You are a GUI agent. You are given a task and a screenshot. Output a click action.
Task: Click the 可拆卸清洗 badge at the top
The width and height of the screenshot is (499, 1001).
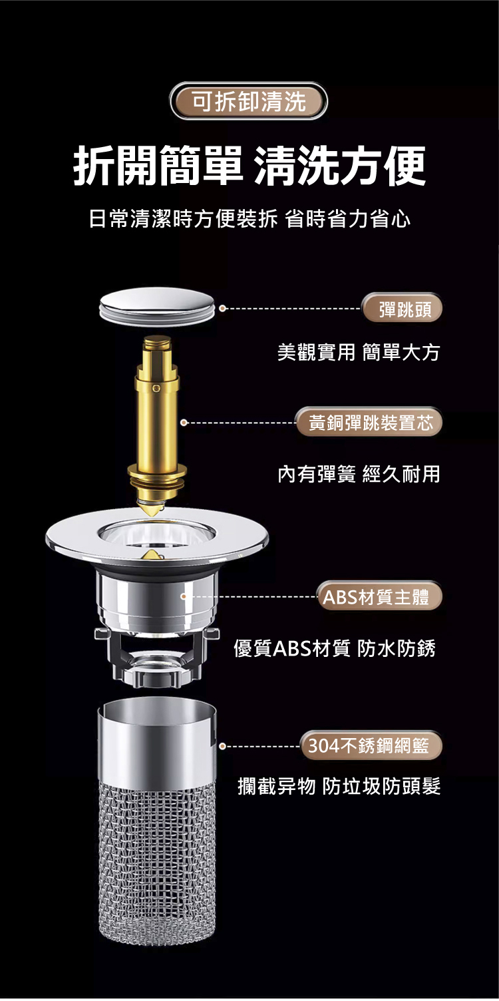pyautogui.click(x=249, y=101)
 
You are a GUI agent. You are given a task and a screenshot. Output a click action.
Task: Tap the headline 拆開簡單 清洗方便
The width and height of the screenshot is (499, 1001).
pyautogui.click(x=249, y=165)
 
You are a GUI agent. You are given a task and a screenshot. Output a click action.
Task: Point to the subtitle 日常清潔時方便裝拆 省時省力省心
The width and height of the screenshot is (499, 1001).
pyautogui.click(x=249, y=220)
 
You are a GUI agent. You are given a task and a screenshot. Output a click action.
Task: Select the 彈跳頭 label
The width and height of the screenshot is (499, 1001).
pyautogui.click(x=403, y=308)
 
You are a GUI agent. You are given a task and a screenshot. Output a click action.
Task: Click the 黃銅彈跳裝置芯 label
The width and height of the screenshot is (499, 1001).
pyautogui.click(x=370, y=422)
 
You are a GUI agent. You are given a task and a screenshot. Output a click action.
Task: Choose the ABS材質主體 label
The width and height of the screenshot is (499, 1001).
pyautogui.click(x=379, y=596)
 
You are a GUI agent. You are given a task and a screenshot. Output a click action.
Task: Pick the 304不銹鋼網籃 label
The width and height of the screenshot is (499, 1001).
pyautogui.click(x=371, y=745)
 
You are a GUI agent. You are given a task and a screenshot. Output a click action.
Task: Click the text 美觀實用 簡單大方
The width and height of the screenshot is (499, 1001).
pyautogui.click(x=359, y=353)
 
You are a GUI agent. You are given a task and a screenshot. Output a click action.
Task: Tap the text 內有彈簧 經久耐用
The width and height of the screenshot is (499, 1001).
pyautogui.click(x=359, y=474)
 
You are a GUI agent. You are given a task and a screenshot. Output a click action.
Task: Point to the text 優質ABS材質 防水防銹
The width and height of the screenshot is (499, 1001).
pyautogui.click(x=335, y=648)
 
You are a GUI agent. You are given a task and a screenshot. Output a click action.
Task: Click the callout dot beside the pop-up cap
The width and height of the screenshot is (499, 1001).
pyautogui.click(x=222, y=308)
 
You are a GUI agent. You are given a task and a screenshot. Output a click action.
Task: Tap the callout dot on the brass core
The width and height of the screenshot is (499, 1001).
pyautogui.click(x=184, y=422)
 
